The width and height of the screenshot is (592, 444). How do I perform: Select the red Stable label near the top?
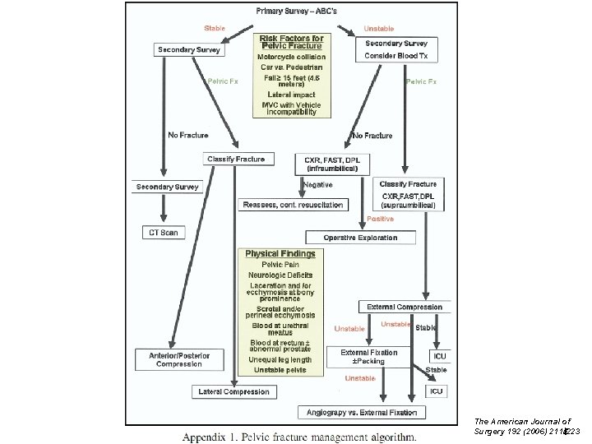tap(215, 29)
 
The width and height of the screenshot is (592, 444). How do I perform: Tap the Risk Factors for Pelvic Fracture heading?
tap(291, 41)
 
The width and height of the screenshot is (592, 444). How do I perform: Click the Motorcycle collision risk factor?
tap(291, 57)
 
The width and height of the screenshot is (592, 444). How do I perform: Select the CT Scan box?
tap(163, 233)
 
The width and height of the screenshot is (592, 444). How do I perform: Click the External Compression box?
tap(405, 307)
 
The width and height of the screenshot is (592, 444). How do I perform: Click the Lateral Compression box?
tap(234, 391)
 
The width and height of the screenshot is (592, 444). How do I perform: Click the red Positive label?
tap(380, 219)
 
